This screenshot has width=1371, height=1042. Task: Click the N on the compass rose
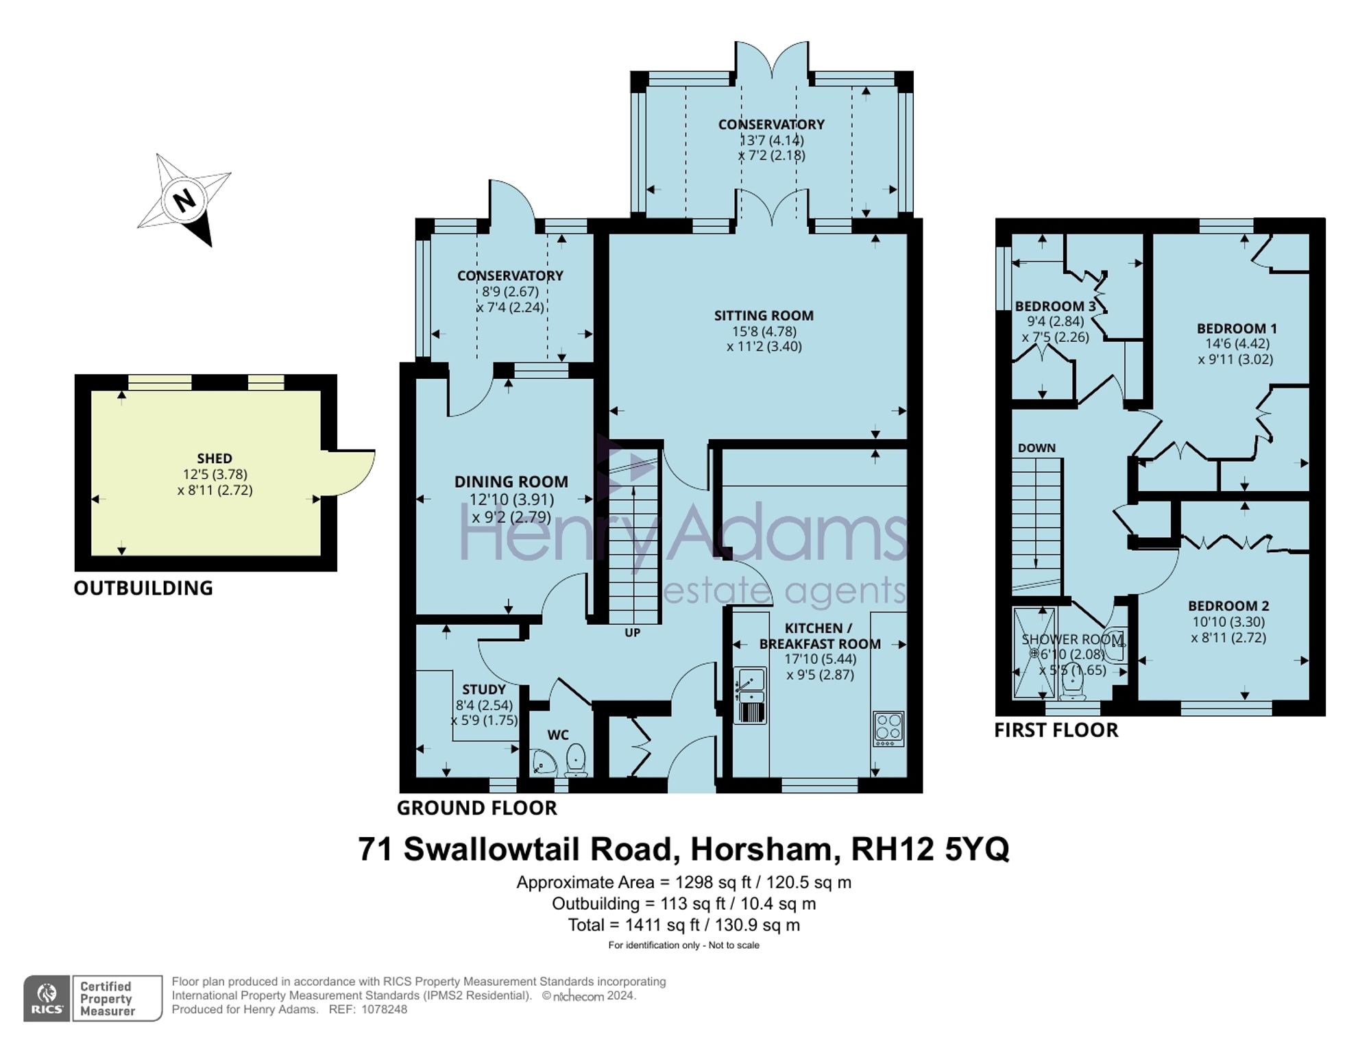click(x=182, y=201)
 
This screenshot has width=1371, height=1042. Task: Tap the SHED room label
click(x=215, y=458)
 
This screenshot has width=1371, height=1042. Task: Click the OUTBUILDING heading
click(x=143, y=588)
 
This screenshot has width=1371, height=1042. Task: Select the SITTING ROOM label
click(x=764, y=316)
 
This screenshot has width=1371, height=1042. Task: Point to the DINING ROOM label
click(x=511, y=482)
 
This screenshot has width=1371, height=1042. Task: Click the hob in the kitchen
click(x=889, y=729)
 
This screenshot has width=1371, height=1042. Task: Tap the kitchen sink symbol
click(x=750, y=695)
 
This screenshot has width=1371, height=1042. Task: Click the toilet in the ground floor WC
click(x=577, y=760)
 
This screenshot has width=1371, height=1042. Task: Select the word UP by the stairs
click(x=632, y=632)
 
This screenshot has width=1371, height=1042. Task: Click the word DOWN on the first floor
click(x=1036, y=448)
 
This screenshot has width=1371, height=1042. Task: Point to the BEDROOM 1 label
click(x=1237, y=328)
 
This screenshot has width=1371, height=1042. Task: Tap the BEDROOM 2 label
click(x=1228, y=606)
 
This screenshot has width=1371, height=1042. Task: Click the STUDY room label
click(x=484, y=689)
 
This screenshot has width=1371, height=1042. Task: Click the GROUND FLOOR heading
click(x=477, y=808)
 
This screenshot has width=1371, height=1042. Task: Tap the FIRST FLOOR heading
click(x=1056, y=730)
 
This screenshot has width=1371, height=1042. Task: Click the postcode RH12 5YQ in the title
click(x=930, y=849)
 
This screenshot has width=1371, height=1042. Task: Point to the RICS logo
click(x=47, y=998)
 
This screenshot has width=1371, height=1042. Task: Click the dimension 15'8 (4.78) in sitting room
click(x=764, y=332)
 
